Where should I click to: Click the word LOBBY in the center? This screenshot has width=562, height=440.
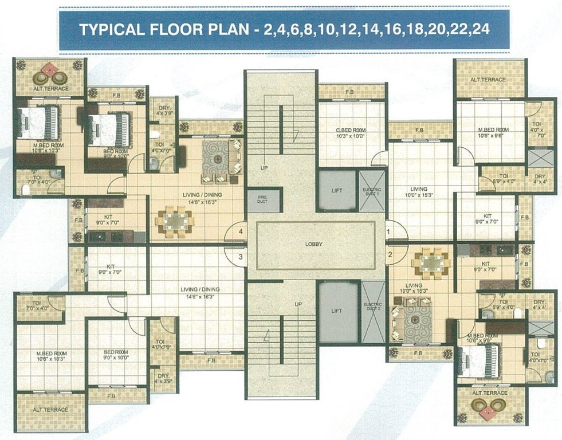point(314,244)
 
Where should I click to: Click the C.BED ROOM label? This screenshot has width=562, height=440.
point(351,134)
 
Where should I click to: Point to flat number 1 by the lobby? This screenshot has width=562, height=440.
point(389,231)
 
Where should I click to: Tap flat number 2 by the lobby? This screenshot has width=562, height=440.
point(390,254)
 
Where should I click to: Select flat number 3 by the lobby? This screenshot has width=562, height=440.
point(241,256)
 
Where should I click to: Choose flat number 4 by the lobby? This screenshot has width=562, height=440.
point(241,232)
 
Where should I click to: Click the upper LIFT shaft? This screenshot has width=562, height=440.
point(337,191)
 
